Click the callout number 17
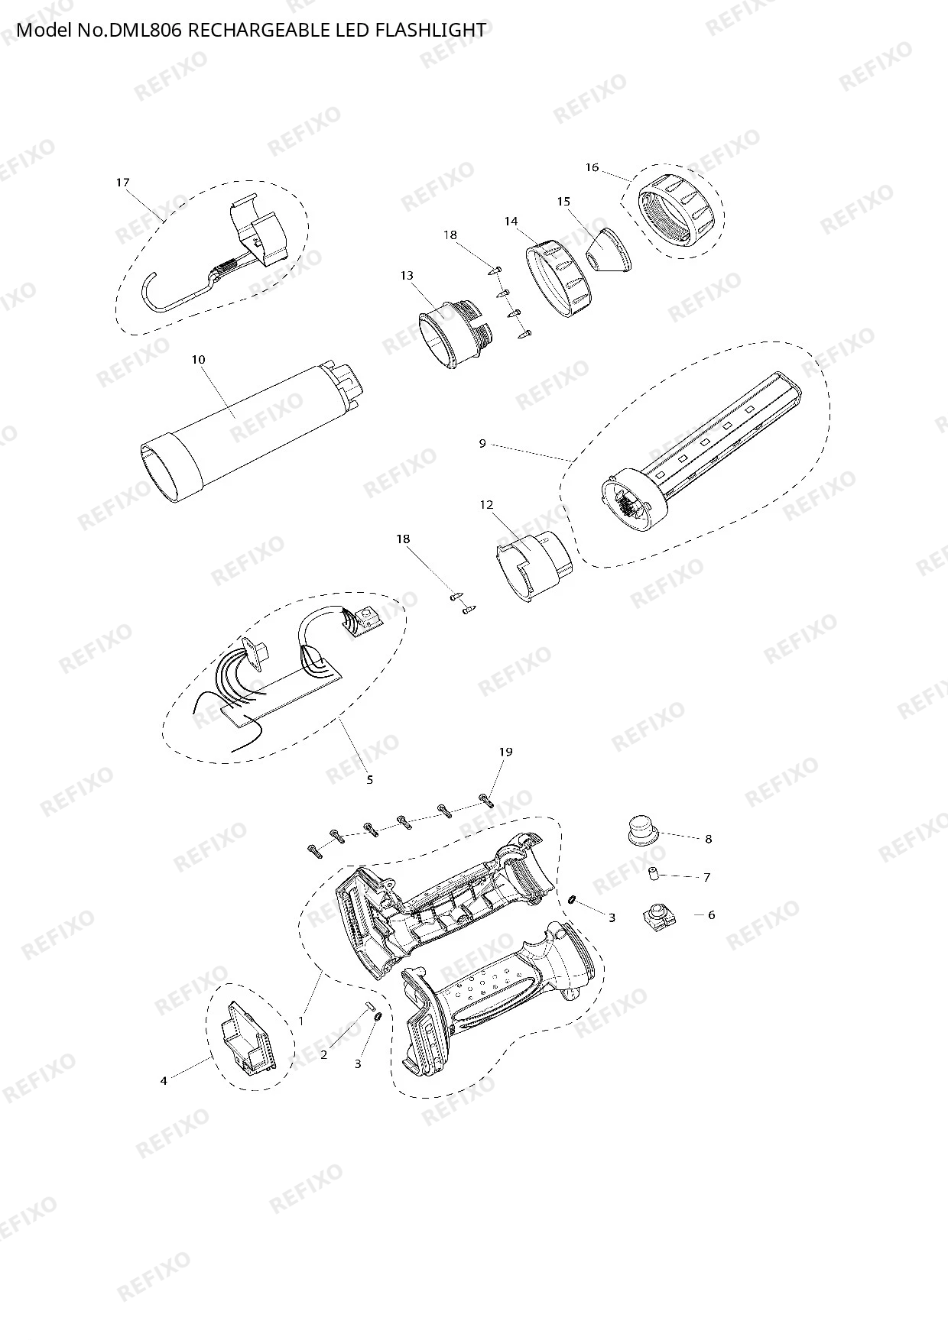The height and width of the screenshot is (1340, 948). click(122, 182)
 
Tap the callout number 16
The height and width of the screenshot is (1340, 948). click(592, 167)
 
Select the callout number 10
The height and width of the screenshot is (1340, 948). click(199, 359)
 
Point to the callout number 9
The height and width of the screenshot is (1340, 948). click(482, 443)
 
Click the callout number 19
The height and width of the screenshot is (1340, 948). click(505, 752)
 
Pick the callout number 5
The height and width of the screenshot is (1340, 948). click(370, 779)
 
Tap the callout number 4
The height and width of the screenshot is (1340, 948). click(164, 1080)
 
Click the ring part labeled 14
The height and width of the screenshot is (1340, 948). click(557, 279)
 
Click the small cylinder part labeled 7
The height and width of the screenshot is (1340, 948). click(654, 874)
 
